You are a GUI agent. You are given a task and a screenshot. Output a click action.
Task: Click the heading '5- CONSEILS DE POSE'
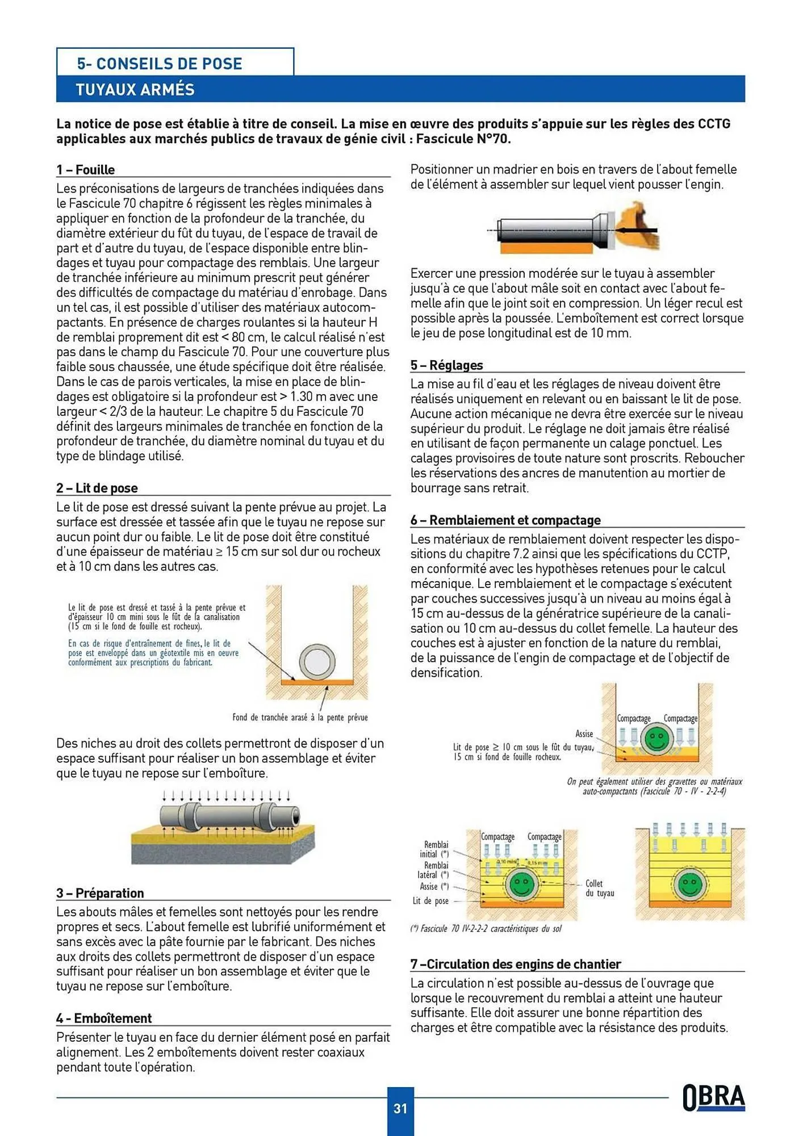point(160,64)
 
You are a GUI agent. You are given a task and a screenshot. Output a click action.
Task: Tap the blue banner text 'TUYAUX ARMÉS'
point(135,90)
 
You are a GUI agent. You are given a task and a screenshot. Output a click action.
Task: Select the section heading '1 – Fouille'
point(85,170)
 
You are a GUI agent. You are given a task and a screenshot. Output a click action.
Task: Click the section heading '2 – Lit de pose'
point(97,488)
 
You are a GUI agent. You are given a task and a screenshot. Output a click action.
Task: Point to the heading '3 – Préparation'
point(100,893)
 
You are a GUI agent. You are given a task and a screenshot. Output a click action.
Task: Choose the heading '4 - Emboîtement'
point(104,1018)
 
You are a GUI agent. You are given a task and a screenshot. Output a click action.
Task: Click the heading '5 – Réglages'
point(446,365)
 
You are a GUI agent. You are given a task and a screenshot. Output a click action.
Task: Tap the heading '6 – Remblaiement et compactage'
point(505,520)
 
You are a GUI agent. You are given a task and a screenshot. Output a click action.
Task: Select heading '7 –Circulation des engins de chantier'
point(516,964)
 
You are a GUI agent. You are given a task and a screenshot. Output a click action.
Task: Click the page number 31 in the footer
point(400,1108)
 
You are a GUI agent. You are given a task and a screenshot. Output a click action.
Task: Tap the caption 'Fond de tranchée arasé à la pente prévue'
point(300,717)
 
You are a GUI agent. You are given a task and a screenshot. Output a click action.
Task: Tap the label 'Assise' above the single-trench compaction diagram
point(584,734)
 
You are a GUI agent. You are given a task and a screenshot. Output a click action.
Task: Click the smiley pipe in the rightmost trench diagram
point(690,884)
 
